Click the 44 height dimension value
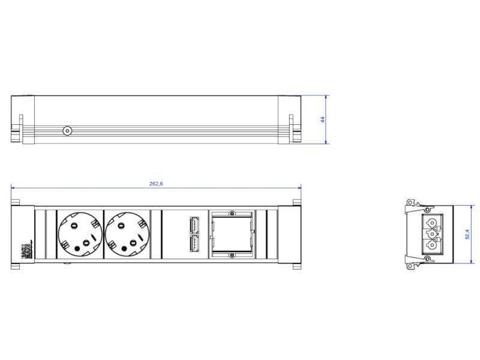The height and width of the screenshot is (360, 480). [x=322, y=120]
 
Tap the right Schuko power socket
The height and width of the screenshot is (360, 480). [x=127, y=235]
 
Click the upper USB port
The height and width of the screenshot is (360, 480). [x=194, y=224]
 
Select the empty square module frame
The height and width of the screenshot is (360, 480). [x=230, y=235]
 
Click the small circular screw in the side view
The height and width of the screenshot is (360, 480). [x=67, y=130]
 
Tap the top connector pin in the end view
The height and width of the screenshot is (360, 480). [x=431, y=223]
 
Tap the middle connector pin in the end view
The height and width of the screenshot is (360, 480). [x=431, y=234]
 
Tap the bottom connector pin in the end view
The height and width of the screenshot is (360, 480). [x=431, y=245]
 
